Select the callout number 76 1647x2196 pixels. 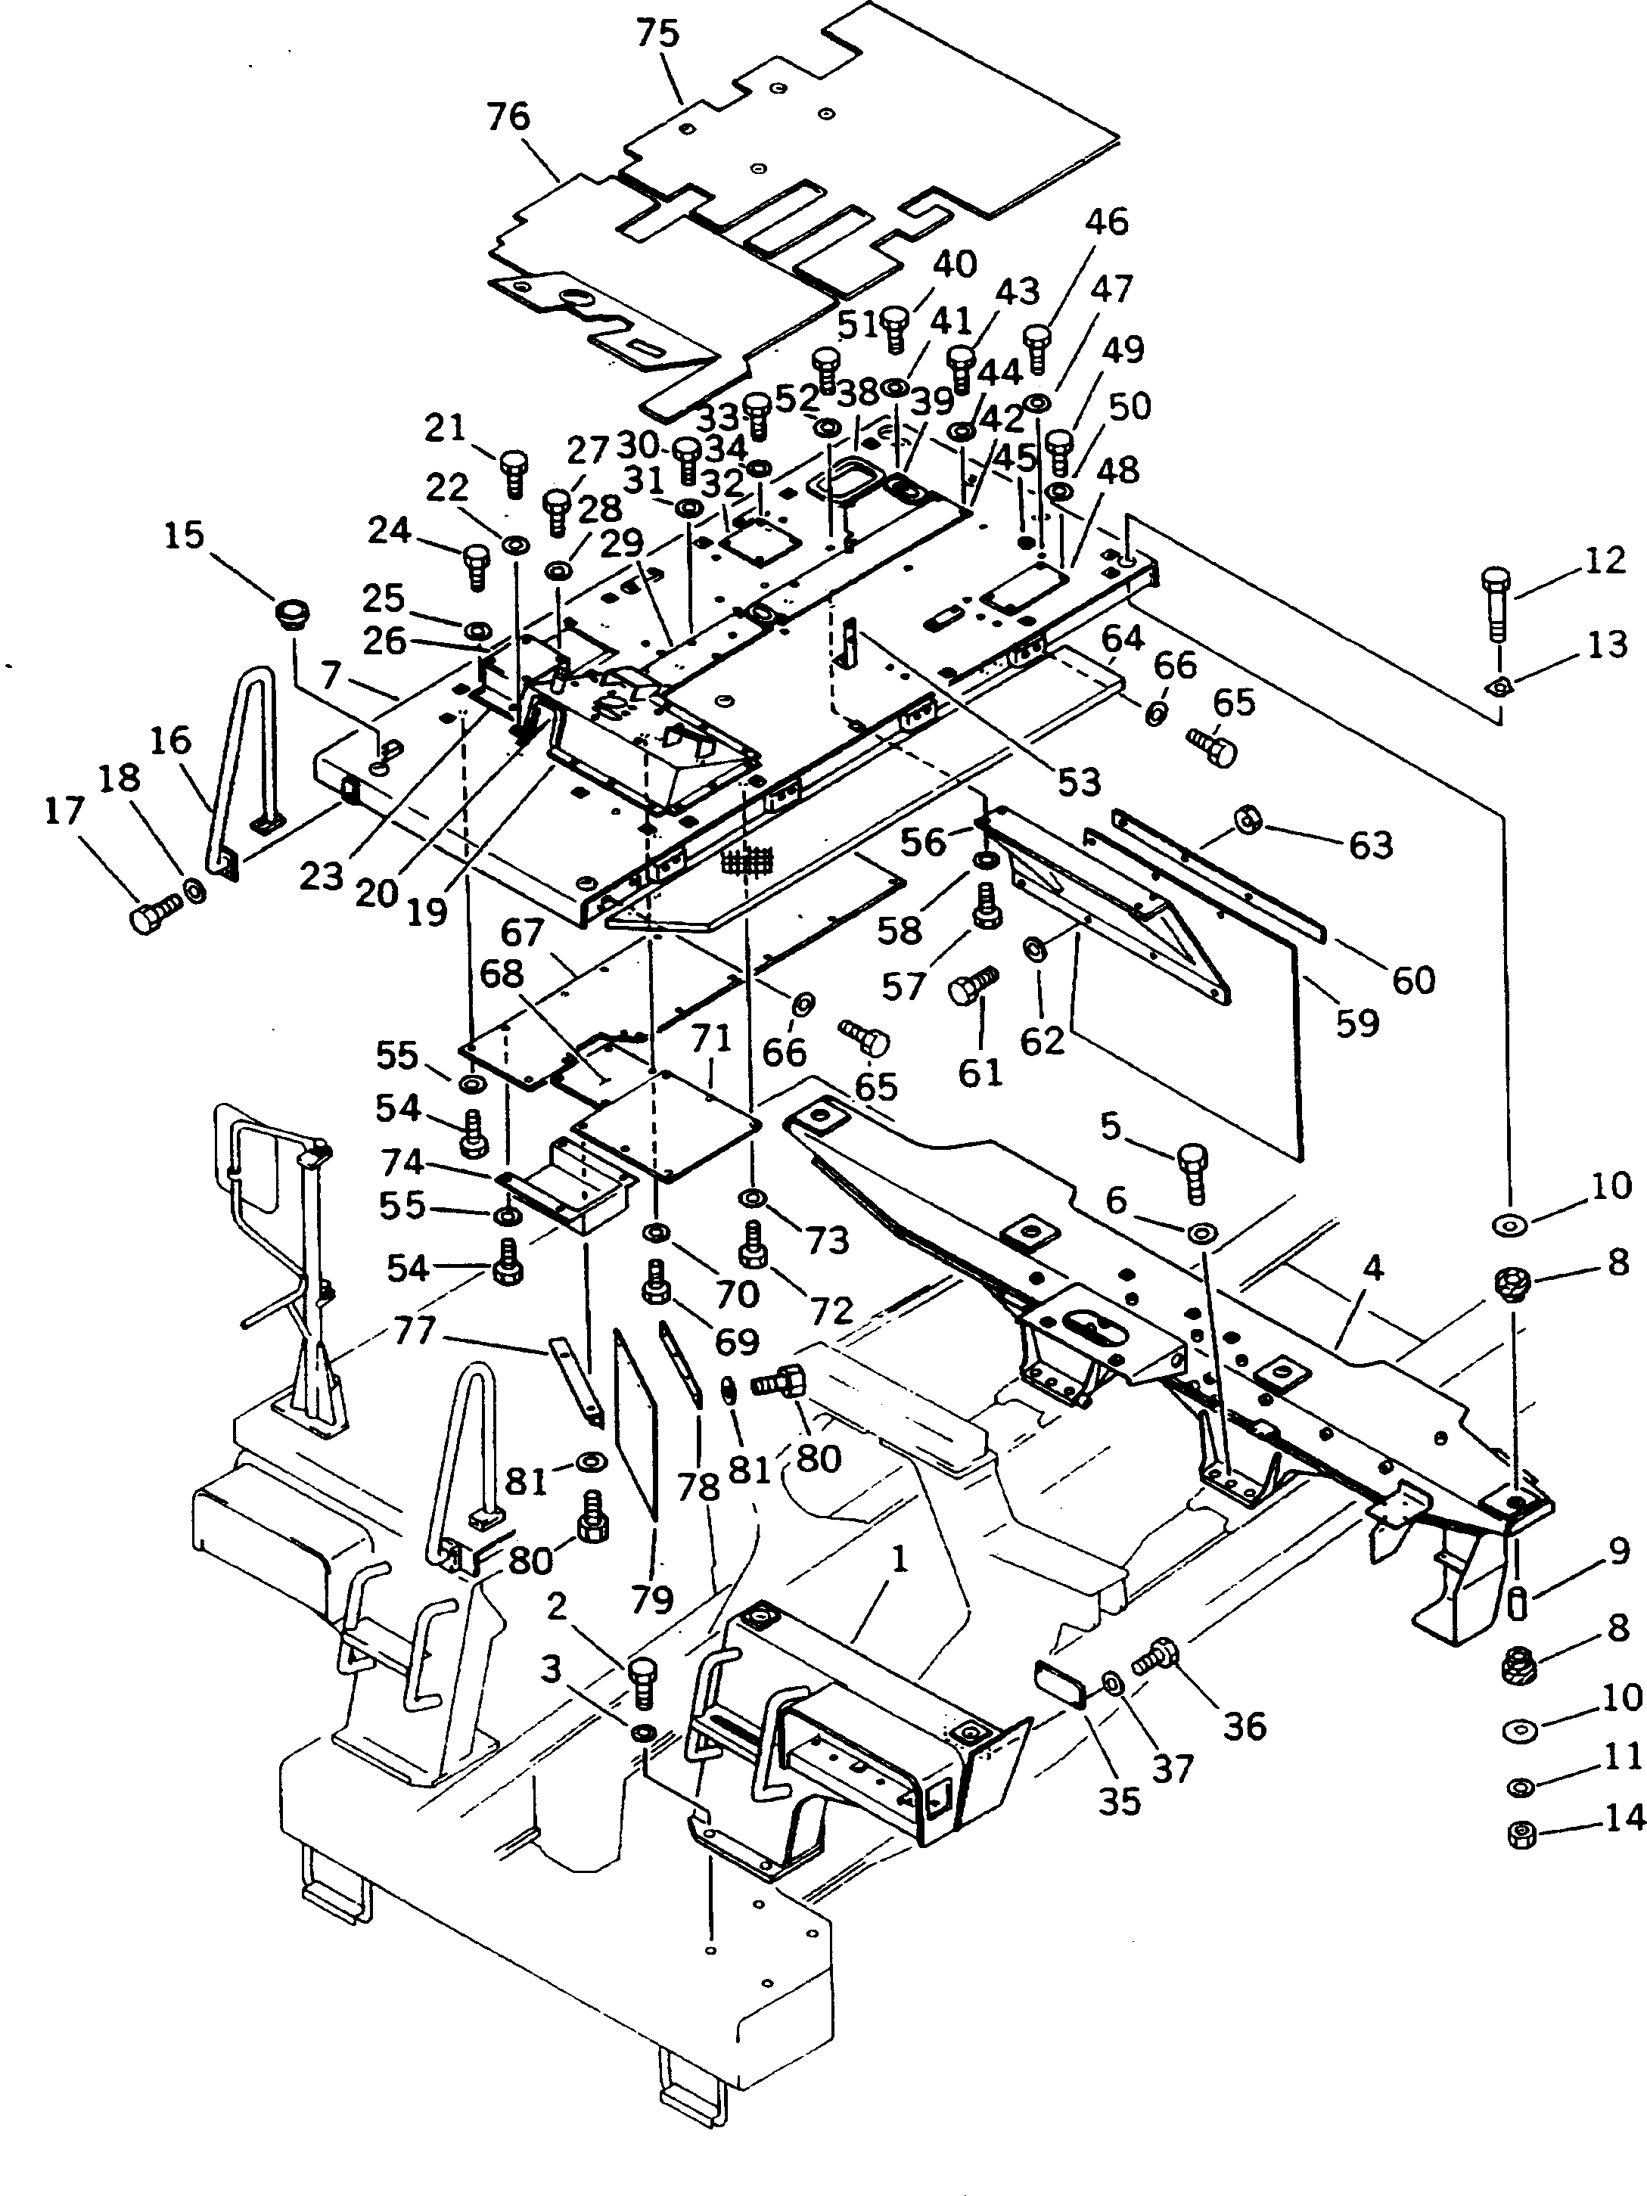[x=509, y=116]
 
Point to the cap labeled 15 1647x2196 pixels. [x=291, y=613]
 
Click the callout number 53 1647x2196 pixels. [x=1078, y=781]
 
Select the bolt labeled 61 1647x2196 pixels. [x=971, y=989]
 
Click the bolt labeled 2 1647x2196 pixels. [x=643, y=1679]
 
